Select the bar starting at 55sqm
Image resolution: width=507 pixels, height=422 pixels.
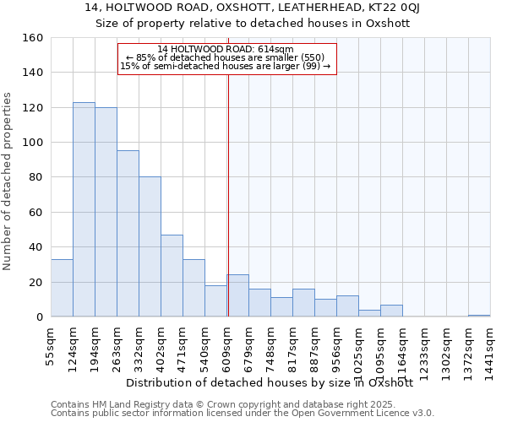click(x=62, y=288)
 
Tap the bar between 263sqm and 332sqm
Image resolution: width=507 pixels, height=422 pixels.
click(x=128, y=234)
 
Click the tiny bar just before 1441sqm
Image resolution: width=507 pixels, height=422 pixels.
click(x=479, y=316)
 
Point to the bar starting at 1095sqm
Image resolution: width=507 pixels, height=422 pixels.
click(x=391, y=311)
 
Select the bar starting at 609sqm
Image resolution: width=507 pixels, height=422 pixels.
click(x=237, y=295)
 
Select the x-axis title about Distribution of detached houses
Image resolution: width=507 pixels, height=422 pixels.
click(x=275, y=382)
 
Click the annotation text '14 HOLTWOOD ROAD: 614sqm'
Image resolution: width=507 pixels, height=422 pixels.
click(x=226, y=49)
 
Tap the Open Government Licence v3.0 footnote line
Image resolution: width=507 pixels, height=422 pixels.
click(x=243, y=413)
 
